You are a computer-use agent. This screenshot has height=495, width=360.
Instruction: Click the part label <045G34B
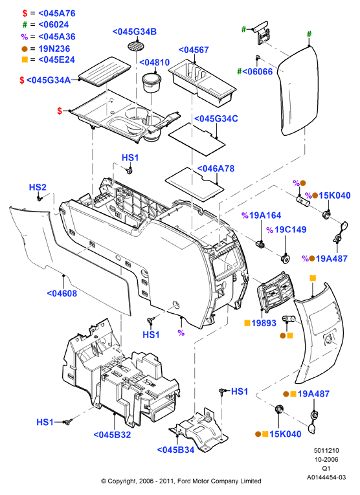(x=135, y=32)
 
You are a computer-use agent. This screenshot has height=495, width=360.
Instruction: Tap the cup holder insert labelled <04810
(x=152, y=83)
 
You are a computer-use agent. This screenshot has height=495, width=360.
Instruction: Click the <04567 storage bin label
(x=194, y=50)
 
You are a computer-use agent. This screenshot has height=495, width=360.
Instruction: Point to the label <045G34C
(x=216, y=118)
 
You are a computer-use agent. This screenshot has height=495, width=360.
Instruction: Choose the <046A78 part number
(x=216, y=169)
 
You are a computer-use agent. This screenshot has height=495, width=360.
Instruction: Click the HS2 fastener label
(x=38, y=187)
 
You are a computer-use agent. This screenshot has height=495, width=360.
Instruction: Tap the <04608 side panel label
(x=62, y=294)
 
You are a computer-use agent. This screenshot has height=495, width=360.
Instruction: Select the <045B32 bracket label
(x=112, y=435)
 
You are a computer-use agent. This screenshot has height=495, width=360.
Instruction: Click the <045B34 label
(x=176, y=450)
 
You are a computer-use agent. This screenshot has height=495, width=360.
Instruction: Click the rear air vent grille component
(x=275, y=292)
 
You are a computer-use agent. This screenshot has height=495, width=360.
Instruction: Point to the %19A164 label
(x=261, y=215)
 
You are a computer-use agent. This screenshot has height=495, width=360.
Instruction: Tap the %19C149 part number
(x=286, y=230)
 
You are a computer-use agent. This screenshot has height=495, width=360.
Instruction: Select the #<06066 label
(x=255, y=72)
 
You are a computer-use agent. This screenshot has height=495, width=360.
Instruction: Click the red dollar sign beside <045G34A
(x=22, y=80)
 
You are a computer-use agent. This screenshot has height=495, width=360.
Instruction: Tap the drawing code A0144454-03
(x=326, y=477)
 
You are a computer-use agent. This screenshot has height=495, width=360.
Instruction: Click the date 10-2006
(x=326, y=459)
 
